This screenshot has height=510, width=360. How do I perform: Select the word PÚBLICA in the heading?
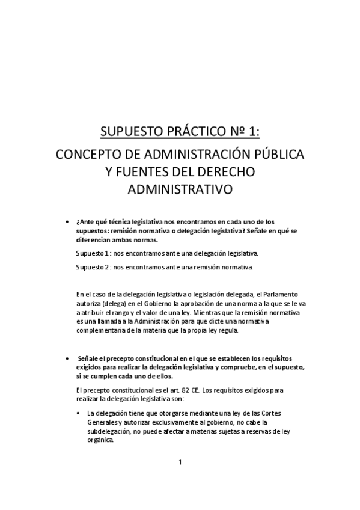coord(278,154)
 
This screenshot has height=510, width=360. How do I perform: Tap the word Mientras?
coord(212,313)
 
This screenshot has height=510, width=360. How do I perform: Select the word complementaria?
coord(103,331)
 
